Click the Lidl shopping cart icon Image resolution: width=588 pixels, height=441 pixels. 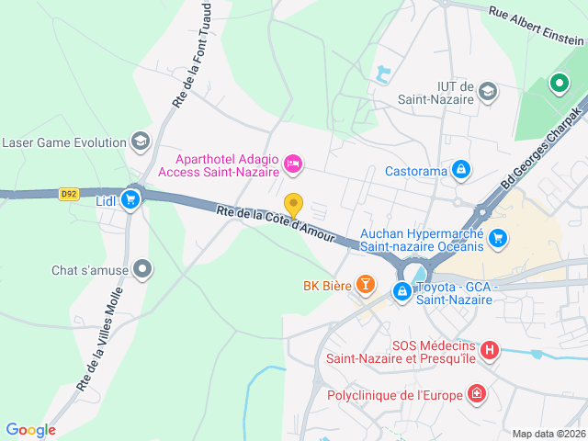(130, 198)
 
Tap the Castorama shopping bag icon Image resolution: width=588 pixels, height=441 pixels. (461, 170)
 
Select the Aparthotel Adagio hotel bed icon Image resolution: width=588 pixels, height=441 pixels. (293, 164)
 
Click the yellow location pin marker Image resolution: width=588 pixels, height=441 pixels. (293, 205)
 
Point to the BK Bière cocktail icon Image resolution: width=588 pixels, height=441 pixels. (365, 285)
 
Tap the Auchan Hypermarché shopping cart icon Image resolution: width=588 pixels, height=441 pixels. (498, 238)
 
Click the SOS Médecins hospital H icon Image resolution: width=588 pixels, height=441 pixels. (490, 350)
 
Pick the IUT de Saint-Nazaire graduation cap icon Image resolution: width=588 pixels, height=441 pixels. (488, 91)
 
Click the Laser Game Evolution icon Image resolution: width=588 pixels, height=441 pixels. (140, 141)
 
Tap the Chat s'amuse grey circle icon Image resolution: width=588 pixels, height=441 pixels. (142, 269)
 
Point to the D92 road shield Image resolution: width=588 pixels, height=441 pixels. (68, 194)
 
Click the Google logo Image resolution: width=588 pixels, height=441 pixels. (30, 429)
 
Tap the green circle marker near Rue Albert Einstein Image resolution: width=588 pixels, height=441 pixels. (559, 85)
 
